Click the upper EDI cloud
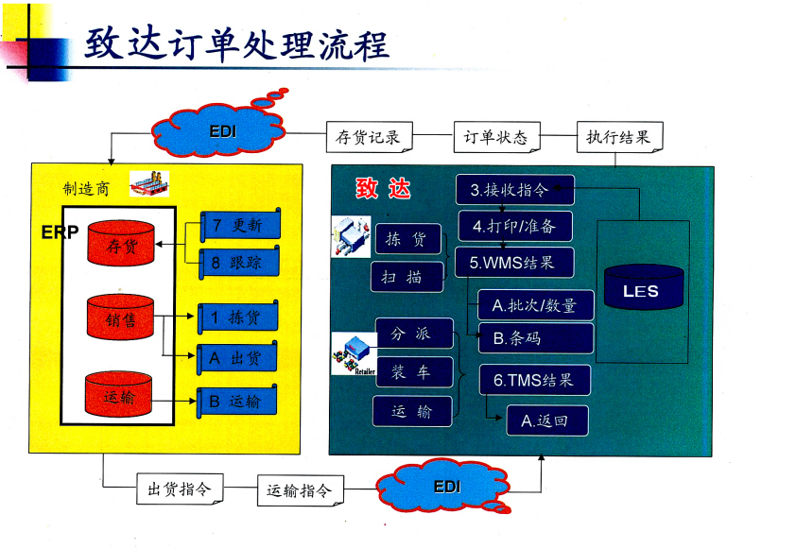click(223, 130)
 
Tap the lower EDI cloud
click(447, 488)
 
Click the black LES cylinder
click(640, 291)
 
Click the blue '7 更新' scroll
click(238, 226)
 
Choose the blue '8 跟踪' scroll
click(238, 263)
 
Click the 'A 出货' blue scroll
click(238, 358)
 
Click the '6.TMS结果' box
click(533, 380)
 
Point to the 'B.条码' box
click(535, 337)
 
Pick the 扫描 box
click(407, 276)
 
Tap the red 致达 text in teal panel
click(383, 189)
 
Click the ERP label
click(60, 232)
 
